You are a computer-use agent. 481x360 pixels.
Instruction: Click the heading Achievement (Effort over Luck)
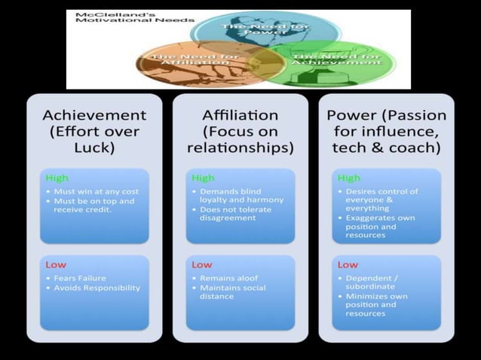(x=94, y=132)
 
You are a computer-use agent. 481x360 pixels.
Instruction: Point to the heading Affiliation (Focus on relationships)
(x=240, y=132)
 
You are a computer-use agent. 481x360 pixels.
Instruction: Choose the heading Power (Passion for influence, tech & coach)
(x=386, y=132)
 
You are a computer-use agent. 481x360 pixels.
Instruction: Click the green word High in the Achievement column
(x=57, y=178)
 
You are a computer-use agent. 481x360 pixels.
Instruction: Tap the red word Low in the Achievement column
(x=56, y=265)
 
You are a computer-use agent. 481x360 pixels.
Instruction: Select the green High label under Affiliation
(x=204, y=178)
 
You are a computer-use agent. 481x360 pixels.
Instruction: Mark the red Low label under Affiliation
(x=202, y=265)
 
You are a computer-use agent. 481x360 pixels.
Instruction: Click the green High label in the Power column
(x=349, y=178)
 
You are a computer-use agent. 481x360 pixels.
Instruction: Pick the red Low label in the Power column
(x=348, y=265)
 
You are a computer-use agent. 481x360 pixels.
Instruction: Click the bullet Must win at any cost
(x=95, y=191)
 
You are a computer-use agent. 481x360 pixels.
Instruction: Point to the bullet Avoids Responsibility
(x=93, y=287)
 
